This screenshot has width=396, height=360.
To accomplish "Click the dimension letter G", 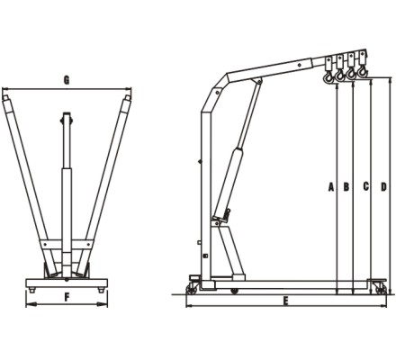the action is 67,80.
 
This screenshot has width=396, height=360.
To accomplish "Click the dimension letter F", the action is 67,297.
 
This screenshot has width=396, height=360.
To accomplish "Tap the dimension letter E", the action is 286,301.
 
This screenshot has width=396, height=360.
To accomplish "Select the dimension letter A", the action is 331,186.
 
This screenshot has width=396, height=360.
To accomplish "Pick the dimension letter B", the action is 346,186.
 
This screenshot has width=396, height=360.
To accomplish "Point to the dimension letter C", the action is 365,186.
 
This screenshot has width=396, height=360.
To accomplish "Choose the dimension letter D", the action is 383,186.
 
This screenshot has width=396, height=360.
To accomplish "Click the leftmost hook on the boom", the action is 328,77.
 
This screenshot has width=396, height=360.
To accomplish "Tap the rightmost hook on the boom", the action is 363,71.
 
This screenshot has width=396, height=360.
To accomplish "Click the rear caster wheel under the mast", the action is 190,290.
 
